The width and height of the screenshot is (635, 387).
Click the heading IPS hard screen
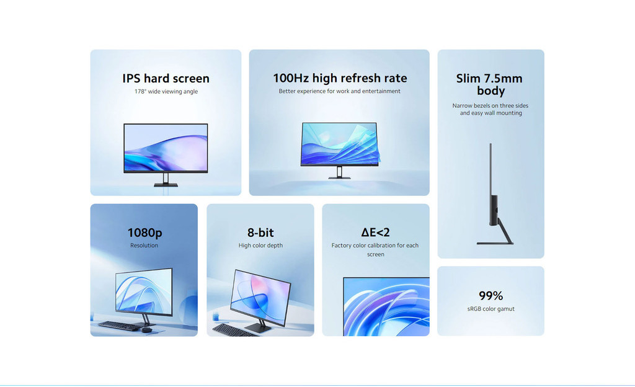(166, 78)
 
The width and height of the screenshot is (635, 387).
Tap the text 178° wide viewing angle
(166, 92)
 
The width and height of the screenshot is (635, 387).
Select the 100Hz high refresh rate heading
(340, 78)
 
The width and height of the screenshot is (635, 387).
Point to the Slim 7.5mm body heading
(490, 84)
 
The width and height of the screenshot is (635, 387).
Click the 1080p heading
(144, 233)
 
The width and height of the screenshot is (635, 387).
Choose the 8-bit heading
(260, 233)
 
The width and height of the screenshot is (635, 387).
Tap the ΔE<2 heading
(375, 232)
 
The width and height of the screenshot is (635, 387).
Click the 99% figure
(491, 295)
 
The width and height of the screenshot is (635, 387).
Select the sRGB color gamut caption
(491, 309)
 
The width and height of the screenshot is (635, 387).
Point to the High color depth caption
(260, 246)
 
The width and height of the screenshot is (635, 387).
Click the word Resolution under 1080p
(144, 246)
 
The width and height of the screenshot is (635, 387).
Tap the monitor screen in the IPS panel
(166, 148)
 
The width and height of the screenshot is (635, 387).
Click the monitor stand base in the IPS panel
(166, 185)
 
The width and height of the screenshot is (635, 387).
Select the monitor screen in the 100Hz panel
(339, 144)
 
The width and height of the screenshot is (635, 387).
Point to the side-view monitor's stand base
(495, 243)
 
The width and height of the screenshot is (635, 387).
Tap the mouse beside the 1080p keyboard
(146, 330)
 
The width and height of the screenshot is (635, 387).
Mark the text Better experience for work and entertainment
(339, 91)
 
